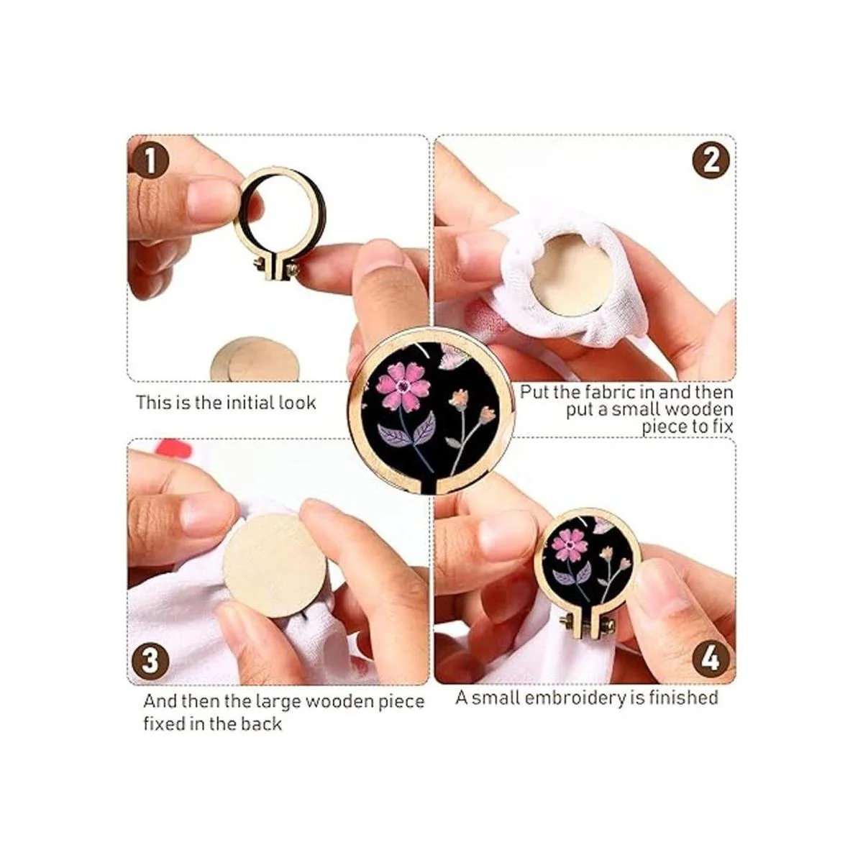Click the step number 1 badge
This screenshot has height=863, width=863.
[x=150, y=160]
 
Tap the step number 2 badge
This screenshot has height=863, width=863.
[x=711, y=160]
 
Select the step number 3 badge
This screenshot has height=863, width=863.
[x=150, y=661]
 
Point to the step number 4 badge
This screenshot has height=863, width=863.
[x=711, y=660]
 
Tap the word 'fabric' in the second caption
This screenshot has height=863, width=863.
[x=598, y=393]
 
